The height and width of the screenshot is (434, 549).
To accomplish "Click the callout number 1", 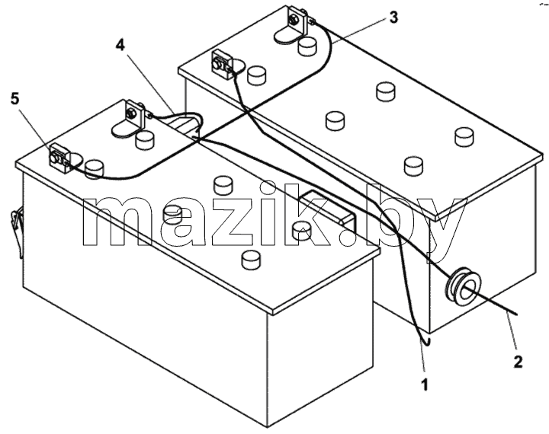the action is coord(425,385).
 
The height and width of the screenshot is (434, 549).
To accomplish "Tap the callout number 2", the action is coord(518,361).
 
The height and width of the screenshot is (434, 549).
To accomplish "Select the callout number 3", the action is coord(394,18).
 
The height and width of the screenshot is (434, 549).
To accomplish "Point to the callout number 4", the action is coord(120,45).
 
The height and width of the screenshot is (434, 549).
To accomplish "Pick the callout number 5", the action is coord(14,99).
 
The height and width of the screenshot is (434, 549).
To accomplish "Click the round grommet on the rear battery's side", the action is coord(462,286).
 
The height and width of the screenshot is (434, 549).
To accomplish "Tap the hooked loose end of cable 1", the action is coord(425,342).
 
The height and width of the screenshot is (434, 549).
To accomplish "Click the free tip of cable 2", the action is coord(516,314).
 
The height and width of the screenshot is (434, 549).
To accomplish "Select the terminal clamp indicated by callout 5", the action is coord(59,158).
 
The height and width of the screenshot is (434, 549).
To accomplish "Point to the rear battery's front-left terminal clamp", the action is coord(221,63).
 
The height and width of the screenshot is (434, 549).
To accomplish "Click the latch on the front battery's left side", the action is coord(17,228).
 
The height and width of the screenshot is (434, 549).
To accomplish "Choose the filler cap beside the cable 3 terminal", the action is coord(307,46).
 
